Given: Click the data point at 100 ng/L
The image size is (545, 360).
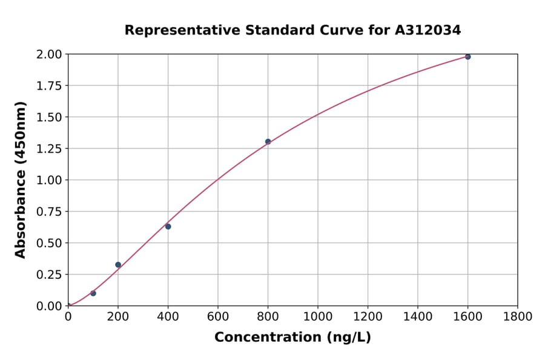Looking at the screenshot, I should [x=93, y=293].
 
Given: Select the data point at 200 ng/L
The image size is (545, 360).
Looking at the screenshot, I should [x=118, y=265].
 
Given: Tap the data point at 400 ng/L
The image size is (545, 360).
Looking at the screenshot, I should [x=168, y=227].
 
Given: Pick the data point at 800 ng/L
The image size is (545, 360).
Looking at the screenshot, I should [x=268, y=142].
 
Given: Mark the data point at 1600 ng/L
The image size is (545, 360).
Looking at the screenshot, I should [x=467, y=57].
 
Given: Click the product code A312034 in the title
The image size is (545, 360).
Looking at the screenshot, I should [x=428, y=30].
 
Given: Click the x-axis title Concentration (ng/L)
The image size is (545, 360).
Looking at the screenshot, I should [x=292, y=338].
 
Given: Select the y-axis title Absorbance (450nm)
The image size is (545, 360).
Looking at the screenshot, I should [x=21, y=180].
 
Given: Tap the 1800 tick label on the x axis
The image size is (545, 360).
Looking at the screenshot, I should [x=517, y=316].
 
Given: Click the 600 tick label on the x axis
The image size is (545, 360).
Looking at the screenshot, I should [x=217, y=316].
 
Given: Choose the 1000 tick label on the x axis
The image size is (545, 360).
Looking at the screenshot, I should [x=317, y=316].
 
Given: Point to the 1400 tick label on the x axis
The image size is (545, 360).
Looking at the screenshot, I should [x=417, y=316].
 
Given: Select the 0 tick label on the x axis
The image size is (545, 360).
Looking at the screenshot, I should [x=68, y=316].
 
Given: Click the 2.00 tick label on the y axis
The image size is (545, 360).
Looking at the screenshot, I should [x=49, y=55].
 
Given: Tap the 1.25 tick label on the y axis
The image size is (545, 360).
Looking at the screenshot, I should [x=49, y=148].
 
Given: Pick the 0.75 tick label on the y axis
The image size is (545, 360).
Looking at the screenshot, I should [x=49, y=212].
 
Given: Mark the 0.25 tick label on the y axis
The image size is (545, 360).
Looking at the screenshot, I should [x=49, y=275].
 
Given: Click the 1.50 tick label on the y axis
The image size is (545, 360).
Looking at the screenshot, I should [x=49, y=117].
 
